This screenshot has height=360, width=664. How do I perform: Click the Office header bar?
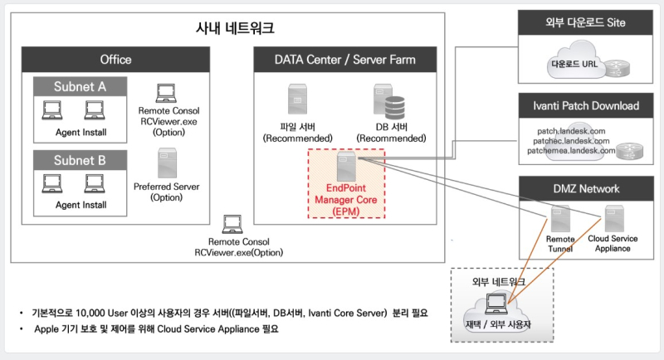coord(115,60)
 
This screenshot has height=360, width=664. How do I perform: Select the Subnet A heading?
coord(80,85)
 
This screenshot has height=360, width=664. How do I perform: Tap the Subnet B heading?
coord(80,159)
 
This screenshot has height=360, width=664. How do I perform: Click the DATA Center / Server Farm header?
coord(345,60)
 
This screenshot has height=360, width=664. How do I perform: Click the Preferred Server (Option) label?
coord(168,192)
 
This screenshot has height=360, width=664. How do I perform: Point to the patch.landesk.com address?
coord(570,131)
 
